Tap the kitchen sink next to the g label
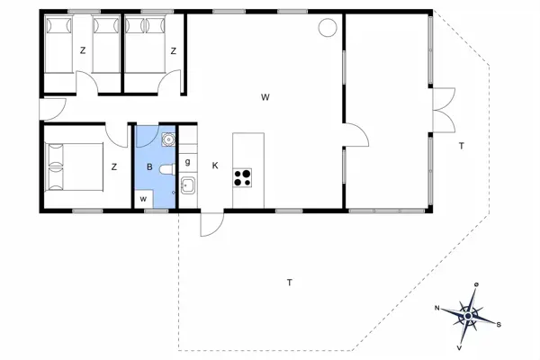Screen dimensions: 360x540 188,186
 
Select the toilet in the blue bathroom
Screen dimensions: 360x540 166,169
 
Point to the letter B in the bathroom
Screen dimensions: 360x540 149,166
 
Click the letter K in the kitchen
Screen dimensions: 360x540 215,166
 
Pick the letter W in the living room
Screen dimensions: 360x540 265,96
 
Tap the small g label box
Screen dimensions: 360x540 187,162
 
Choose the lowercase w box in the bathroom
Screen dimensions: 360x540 143,198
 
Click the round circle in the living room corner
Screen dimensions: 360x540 325,30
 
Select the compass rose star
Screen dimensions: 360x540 469,315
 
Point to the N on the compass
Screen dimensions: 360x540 437,308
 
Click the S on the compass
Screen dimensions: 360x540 499,324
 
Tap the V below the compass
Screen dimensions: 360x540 460,346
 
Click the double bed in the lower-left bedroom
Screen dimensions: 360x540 73,166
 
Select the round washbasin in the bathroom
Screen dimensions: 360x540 166,141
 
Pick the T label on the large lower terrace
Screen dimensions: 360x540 289,283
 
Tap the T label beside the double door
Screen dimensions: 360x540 460,146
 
